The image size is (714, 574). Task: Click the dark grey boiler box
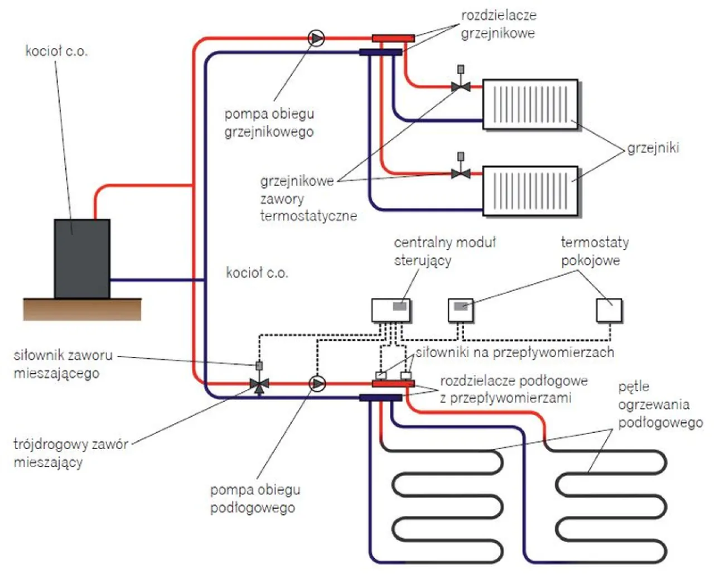pos(81,258)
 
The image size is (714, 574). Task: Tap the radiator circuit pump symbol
pos(316,38)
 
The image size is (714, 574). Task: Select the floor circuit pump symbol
pos(317,384)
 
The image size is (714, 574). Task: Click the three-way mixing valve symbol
pos(259,384)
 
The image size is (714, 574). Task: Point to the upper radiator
pos(530,104)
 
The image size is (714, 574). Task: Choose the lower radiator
pos(530,190)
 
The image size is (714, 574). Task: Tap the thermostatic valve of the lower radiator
pos(461,173)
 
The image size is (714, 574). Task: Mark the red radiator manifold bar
pos(393,38)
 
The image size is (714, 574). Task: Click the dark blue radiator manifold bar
pos(380,52)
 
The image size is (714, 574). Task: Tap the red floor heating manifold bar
pos(393,384)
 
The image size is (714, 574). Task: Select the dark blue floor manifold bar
pos(380,398)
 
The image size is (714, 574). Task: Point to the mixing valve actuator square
pos(259,366)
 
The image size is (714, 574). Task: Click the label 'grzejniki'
pos(653,148)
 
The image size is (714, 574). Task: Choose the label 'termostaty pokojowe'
pos(594,251)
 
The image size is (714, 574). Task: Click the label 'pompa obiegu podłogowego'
pos(255,499)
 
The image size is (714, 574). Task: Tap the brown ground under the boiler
pos(82,310)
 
